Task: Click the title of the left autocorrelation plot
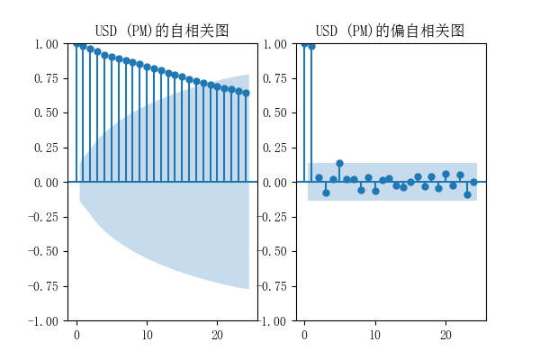tap(162, 31)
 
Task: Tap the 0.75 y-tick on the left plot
tap(46, 78)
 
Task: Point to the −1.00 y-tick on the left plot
tap(42, 321)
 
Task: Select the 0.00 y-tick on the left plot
tap(46, 183)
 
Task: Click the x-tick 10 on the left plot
tap(147, 335)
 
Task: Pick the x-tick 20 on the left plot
tap(217, 335)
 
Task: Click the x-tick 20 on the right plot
tap(445, 335)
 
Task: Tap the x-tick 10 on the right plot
tap(375, 335)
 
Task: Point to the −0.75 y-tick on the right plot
tap(271, 286)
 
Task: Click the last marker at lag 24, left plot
tap(246, 93)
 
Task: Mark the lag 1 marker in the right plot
tap(311, 46)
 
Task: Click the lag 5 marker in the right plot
tap(339, 164)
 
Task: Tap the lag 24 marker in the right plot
tap(473, 182)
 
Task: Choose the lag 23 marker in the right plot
tap(467, 194)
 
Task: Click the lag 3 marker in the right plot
tap(326, 193)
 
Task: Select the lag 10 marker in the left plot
tap(147, 67)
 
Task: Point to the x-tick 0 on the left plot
tap(76, 335)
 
